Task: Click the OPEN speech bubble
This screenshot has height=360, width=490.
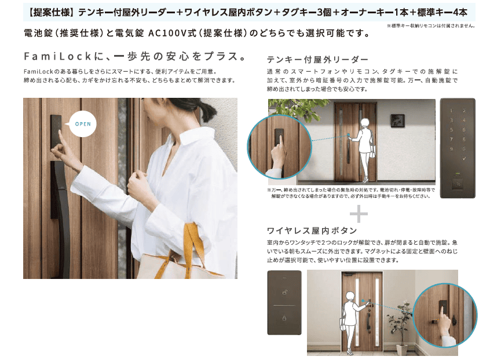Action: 82,124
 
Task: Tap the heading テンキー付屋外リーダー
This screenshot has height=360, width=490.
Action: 317,59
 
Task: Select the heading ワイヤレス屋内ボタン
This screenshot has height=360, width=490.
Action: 312,231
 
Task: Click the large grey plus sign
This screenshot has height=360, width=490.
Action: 359,214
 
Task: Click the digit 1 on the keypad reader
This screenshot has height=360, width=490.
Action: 451,111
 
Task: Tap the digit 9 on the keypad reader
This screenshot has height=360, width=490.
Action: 451,149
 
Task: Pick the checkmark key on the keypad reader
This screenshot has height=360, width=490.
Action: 464,159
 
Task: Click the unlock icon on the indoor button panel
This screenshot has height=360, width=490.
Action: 284,292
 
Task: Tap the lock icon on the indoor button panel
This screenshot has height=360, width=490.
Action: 284,318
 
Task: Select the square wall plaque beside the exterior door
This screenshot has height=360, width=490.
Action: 397,121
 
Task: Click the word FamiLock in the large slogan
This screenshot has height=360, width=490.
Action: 57,56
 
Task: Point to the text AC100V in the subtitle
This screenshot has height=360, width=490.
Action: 167,33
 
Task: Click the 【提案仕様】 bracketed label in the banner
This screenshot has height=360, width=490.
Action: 50,13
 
